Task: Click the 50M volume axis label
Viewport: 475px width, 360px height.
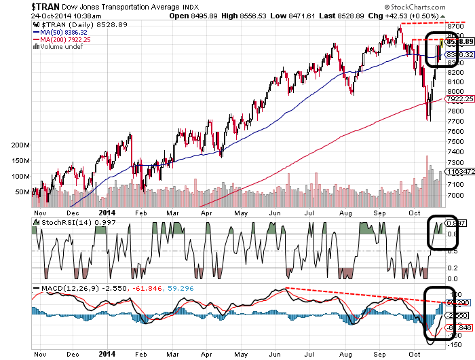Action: pyautogui.click(x=21, y=192)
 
